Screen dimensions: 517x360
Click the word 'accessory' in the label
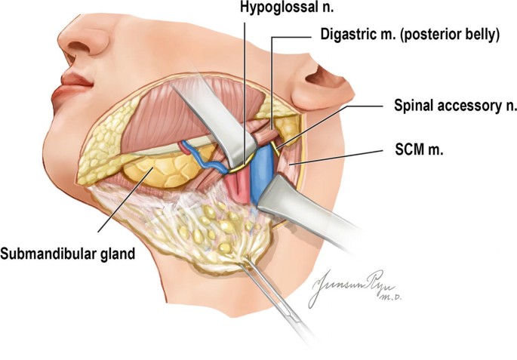460,106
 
